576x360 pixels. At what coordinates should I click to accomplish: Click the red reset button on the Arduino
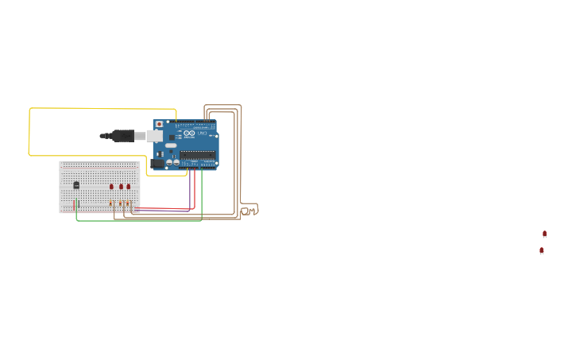[x=159, y=124]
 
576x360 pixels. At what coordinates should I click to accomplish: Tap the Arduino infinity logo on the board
[x=189, y=133]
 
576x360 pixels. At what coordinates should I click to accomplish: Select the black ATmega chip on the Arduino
[x=196, y=154]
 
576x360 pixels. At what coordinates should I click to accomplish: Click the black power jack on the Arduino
[x=157, y=163]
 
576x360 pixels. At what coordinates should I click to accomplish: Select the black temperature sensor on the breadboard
[x=76, y=185]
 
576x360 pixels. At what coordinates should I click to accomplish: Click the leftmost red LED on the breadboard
[x=111, y=187]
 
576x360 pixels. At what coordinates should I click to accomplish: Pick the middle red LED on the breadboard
[x=121, y=187]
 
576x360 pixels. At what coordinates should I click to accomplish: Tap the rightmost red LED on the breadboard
[x=128, y=187]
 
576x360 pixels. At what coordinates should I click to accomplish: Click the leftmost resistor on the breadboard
[x=110, y=203]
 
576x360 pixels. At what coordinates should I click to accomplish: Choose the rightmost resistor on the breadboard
[x=128, y=203]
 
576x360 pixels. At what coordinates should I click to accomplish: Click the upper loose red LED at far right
[x=544, y=234]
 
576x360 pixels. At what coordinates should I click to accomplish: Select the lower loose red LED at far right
[x=541, y=250]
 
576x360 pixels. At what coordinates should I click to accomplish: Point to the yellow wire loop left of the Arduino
[x=29, y=131]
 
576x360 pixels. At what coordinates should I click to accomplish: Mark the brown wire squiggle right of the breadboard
[x=249, y=211]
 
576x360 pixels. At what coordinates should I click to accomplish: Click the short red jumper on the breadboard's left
[x=74, y=205]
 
